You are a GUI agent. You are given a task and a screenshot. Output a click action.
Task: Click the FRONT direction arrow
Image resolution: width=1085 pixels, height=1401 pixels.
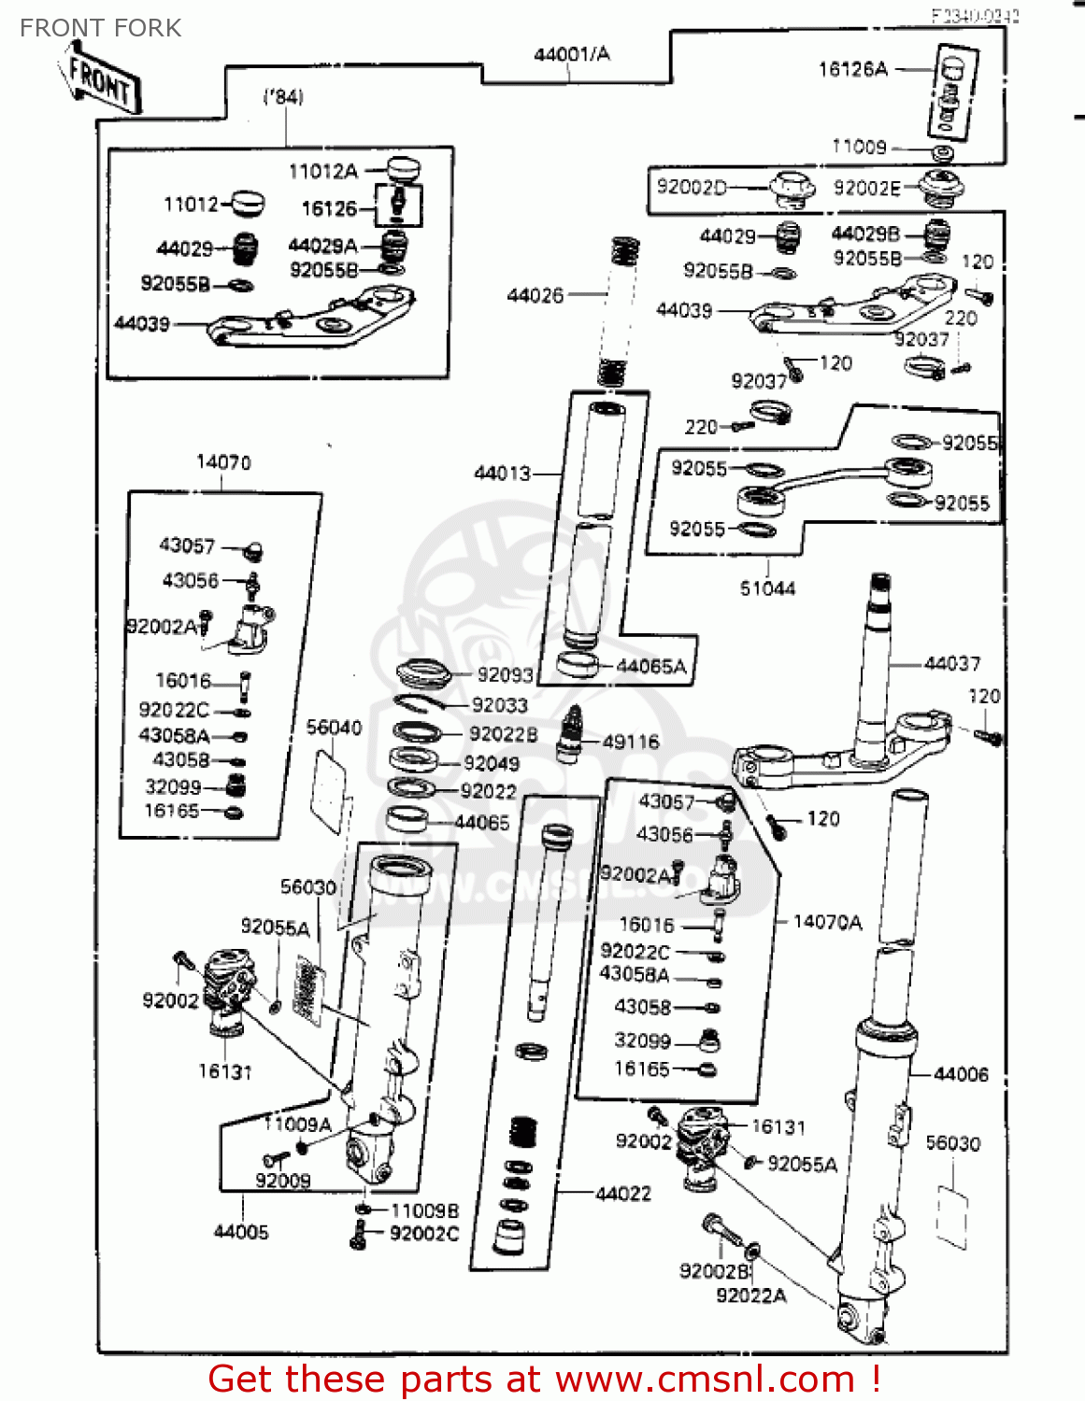[x=102, y=82]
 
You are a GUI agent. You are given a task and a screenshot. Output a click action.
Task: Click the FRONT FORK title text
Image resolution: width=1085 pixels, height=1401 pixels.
[x=100, y=28]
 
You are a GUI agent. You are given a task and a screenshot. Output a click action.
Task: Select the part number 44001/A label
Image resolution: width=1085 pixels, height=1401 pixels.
[x=571, y=54]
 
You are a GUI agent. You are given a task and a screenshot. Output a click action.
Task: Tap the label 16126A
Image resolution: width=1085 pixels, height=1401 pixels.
[x=852, y=69]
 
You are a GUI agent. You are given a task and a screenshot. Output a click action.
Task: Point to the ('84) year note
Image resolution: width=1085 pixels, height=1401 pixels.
[x=283, y=96]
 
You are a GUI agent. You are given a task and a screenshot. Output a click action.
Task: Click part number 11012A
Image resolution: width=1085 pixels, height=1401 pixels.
[x=323, y=171]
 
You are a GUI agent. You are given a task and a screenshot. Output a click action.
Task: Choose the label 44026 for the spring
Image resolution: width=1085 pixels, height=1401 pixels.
[x=535, y=296]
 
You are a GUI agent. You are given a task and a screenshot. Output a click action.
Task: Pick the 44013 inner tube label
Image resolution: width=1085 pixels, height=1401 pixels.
[x=502, y=474]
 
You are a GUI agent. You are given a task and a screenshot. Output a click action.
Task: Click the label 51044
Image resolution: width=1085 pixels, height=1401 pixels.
[x=767, y=588]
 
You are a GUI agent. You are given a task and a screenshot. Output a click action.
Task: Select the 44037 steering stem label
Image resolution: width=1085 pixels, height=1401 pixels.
[x=952, y=664]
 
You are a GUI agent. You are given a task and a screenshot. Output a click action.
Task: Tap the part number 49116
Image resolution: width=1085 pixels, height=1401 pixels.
[x=631, y=743]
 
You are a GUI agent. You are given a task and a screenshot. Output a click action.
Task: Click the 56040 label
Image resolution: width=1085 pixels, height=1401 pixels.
[x=334, y=728]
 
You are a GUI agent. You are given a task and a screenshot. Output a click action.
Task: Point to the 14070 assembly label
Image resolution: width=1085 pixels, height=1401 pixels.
[x=223, y=462]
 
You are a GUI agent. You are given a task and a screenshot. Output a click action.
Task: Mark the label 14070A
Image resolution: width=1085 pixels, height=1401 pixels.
[x=827, y=923]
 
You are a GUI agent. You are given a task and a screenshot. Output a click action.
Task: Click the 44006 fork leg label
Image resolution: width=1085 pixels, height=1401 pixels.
[x=961, y=1074]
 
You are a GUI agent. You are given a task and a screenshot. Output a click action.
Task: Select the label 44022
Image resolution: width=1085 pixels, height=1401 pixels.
[x=623, y=1194]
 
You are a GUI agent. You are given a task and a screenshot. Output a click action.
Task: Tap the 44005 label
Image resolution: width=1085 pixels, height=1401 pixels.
[x=241, y=1232]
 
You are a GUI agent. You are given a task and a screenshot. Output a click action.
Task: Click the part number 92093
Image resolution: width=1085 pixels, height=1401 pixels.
[x=505, y=675]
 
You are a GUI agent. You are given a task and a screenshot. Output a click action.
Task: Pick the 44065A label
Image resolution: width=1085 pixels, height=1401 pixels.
[x=651, y=667]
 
